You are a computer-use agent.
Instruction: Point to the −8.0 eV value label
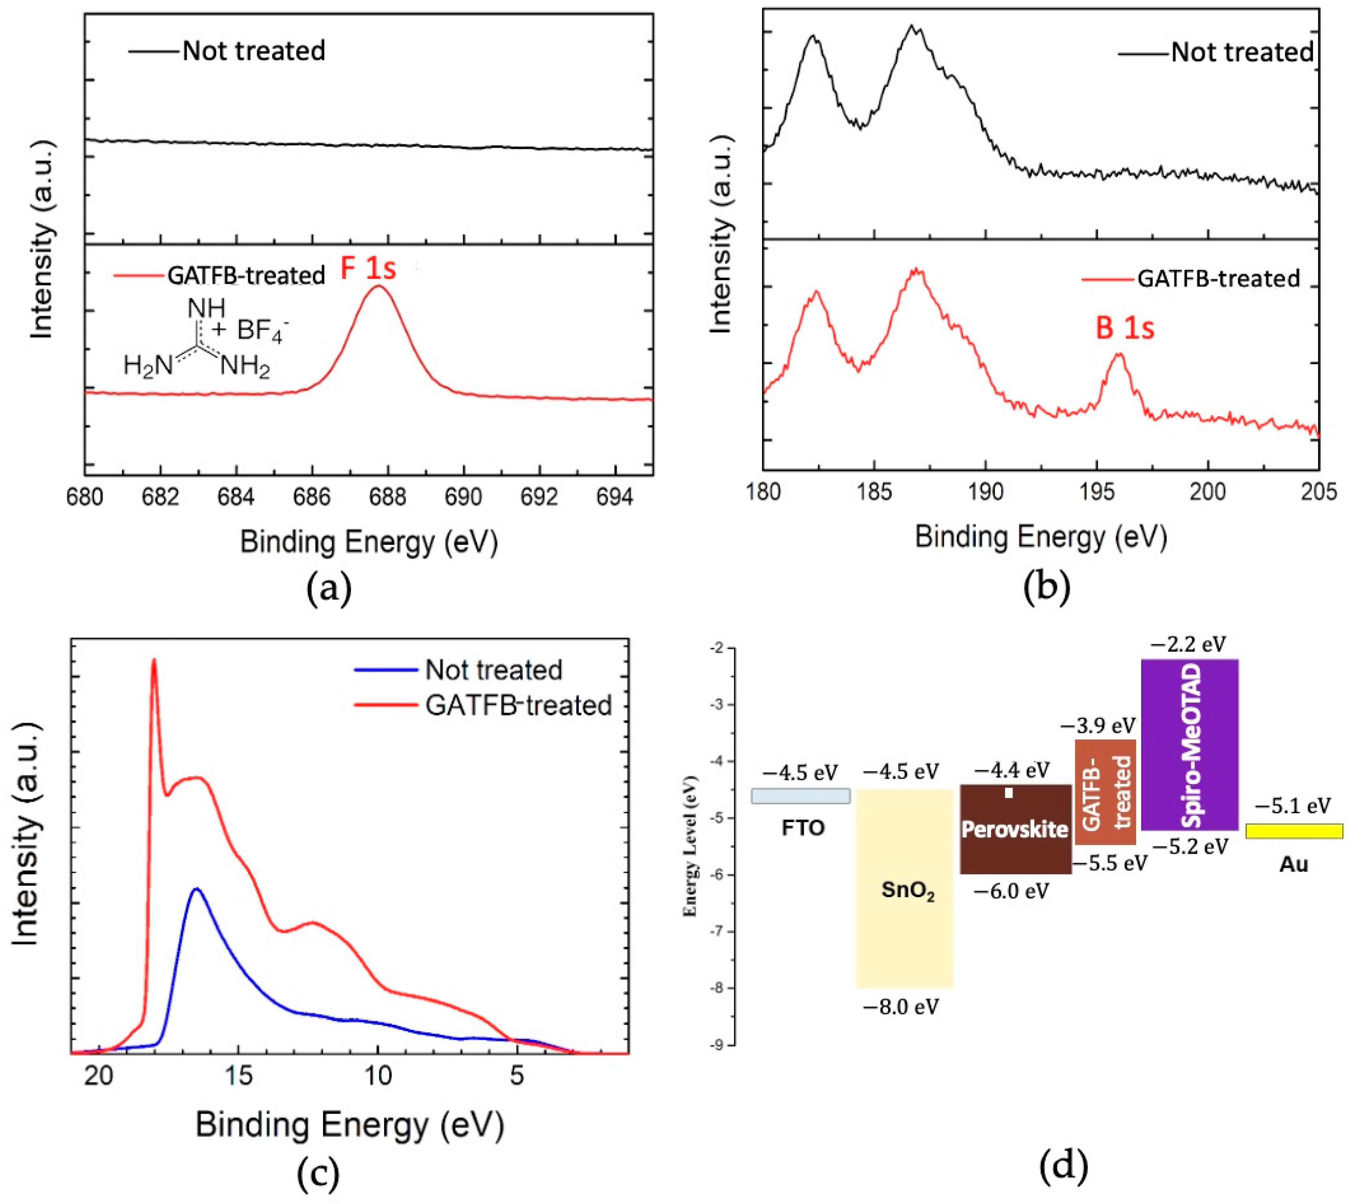[901, 1007]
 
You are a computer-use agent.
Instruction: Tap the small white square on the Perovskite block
[1009, 793]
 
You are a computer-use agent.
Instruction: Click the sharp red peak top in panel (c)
[154, 660]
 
